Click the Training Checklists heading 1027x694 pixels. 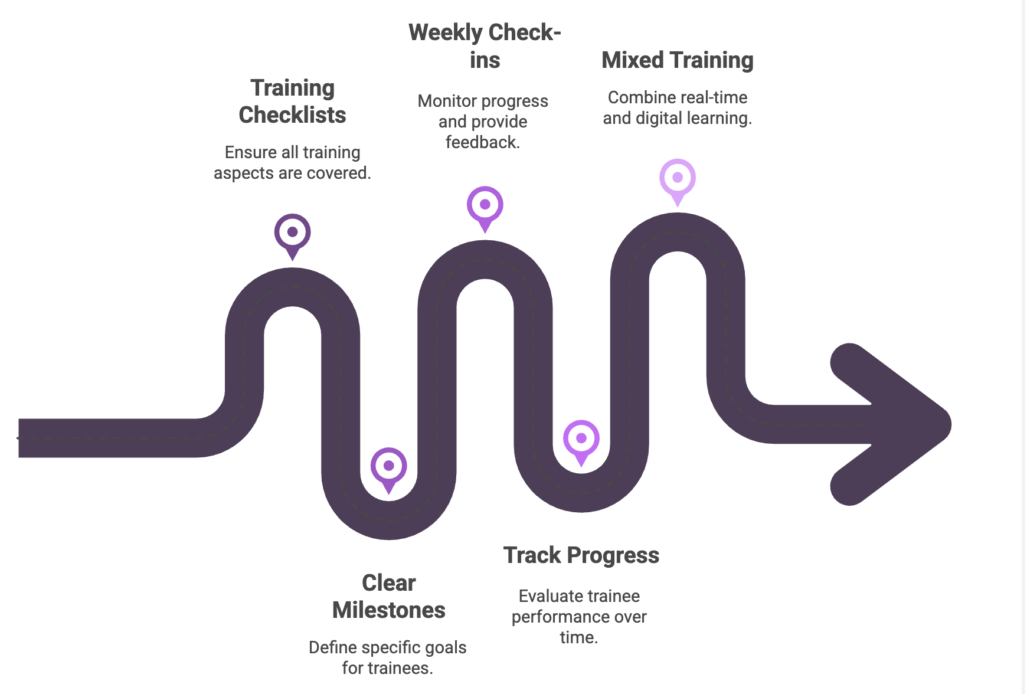(x=292, y=102)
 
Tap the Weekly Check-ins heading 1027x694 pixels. (x=485, y=46)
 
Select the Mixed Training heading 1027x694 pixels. (x=677, y=60)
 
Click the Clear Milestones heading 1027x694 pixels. (x=388, y=596)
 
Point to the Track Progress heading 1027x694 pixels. (x=581, y=555)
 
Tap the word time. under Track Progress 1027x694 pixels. (x=578, y=637)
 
